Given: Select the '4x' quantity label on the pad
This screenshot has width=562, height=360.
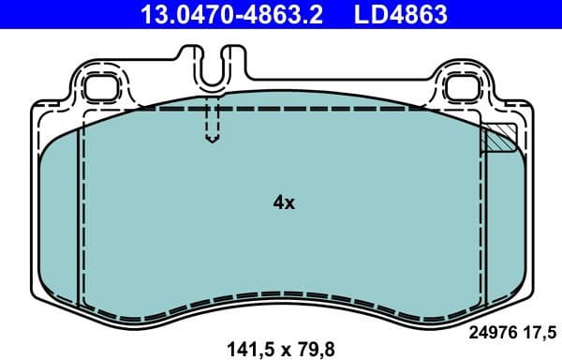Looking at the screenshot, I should pos(283,202).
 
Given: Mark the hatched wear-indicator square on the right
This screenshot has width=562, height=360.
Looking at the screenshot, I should pos(496,139).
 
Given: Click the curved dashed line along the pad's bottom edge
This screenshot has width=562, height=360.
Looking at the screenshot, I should pos(281,294).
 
